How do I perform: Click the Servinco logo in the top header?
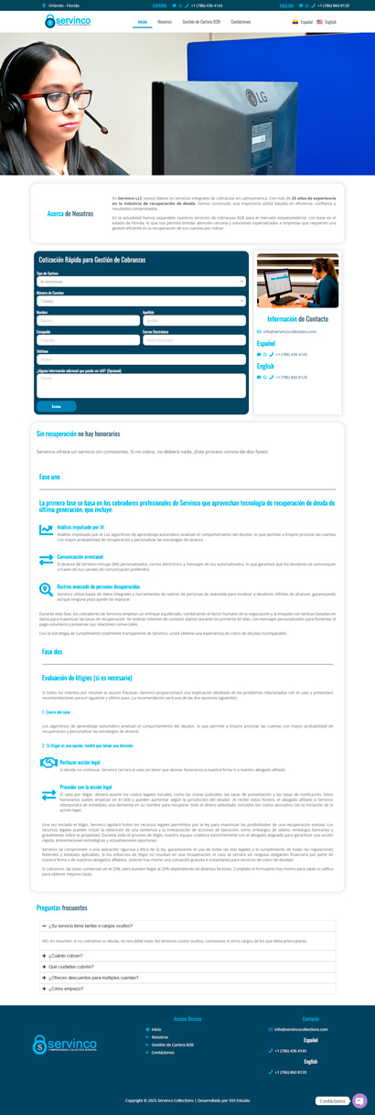[x=69, y=21]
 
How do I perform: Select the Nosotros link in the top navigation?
[x=164, y=21]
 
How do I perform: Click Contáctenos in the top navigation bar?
[x=241, y=21]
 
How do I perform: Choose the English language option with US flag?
[x=327, y=21]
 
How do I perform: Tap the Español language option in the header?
[x=302, y=21]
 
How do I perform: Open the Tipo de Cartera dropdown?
[x=141, y=281]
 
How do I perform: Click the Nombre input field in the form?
[x=88, y=320]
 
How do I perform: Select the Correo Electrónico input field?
[x=194, y=339]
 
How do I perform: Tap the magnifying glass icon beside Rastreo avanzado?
[x=46, y=589]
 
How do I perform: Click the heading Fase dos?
[x=52, y=651]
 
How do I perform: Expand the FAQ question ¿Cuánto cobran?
[x=64, y=956]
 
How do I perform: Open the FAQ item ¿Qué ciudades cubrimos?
[x=71, y=967]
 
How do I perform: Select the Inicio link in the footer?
[x=156, y=1029]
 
